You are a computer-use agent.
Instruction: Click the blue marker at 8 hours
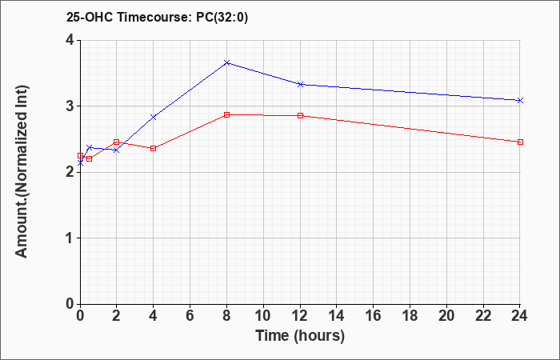pos(226,62)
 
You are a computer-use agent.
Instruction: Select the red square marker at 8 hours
pos(226,114)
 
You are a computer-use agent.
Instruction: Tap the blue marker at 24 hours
pos(520,100)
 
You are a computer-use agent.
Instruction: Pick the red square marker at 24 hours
pos(520,142)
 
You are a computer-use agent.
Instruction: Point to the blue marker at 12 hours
pos(300,84)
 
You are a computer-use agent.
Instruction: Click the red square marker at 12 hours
pos(300,115)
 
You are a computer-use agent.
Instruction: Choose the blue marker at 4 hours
pos(154,117)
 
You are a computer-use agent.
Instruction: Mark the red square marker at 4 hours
pos(154,148)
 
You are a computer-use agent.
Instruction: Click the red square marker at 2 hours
pos(116,142)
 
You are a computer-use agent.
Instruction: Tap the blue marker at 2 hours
pos(116,150)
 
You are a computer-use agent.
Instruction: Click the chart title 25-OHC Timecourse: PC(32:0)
pos(157,17)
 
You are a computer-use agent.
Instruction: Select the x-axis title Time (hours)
pos(300,336)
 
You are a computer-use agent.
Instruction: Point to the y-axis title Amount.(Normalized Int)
pos(22,171)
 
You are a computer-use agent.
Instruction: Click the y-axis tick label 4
pos(70,40)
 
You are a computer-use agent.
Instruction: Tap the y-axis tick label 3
pos(70,106)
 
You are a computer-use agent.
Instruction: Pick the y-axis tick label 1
pos(70,238)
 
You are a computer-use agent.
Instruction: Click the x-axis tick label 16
pos(374,316)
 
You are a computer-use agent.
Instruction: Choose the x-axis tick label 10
pos(263,316)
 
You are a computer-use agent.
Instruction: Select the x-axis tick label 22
pos(483,316)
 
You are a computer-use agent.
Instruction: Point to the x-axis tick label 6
pos(190,316)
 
